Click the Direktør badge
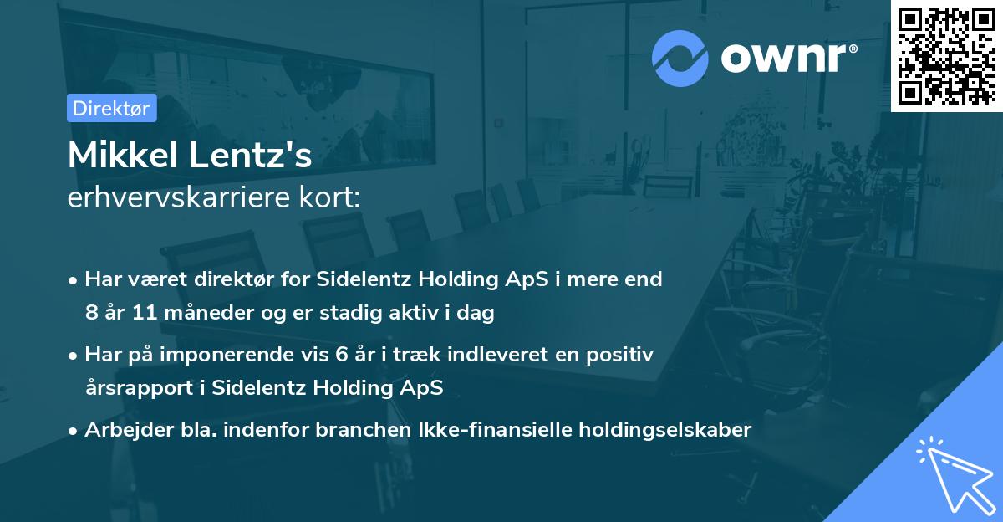tap(111, 108)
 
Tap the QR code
tap(947, 55)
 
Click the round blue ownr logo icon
tap(680, 59)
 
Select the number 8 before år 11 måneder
tap(90, 314)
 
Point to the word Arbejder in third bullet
tap(121, 430)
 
